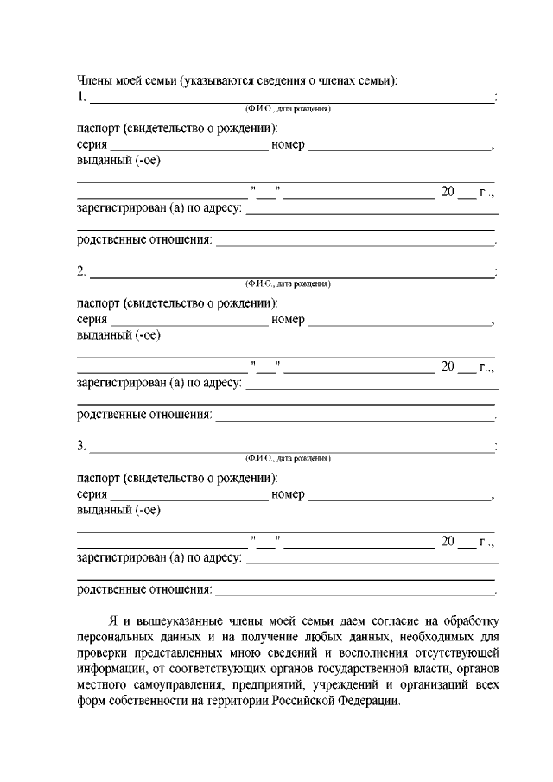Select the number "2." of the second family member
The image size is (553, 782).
[82, 272]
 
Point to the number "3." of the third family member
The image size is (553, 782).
[82, 446]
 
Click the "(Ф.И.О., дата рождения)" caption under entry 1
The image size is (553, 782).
[288, 109]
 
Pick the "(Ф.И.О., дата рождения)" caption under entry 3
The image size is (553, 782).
[288, 458]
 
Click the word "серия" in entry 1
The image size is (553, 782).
[92, 145]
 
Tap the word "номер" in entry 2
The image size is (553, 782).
[288, 321]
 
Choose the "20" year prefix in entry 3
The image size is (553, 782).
[448, 541]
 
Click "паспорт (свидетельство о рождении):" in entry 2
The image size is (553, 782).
[177, 304]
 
